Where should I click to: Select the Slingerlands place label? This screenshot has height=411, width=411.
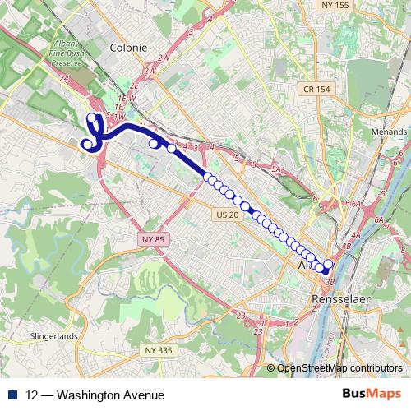(x=53, y=336)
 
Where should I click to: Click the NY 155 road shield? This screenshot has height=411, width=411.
(x=336, y=6)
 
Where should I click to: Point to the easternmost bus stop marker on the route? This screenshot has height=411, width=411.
(x=329, y=265)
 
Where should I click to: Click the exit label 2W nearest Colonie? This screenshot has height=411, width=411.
(x=164, y=58)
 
